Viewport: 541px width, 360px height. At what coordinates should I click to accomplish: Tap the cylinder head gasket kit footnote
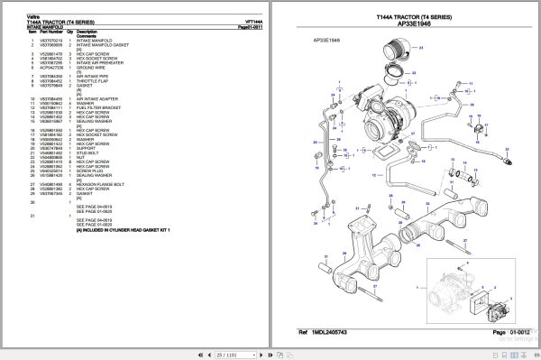coord(123,230)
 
